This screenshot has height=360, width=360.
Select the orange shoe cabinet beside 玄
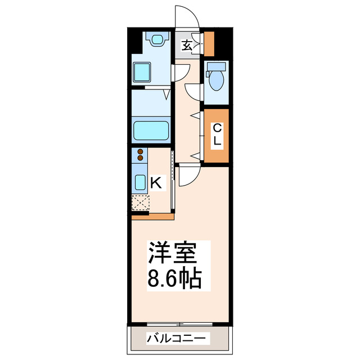pos(209,44)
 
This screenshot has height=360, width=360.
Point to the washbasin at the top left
pos(156,40)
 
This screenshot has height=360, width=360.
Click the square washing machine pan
pos(143,73)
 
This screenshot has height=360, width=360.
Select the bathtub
pos(151,130)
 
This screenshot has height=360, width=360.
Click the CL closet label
pos(217,136)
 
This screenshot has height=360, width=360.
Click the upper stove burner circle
pos(139,151)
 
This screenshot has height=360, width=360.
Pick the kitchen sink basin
pos(139,181)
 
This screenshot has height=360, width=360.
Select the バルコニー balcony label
pos(177,339)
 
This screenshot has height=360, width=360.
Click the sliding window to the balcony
pos(180,324)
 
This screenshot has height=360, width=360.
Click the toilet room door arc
pos(193,91)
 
